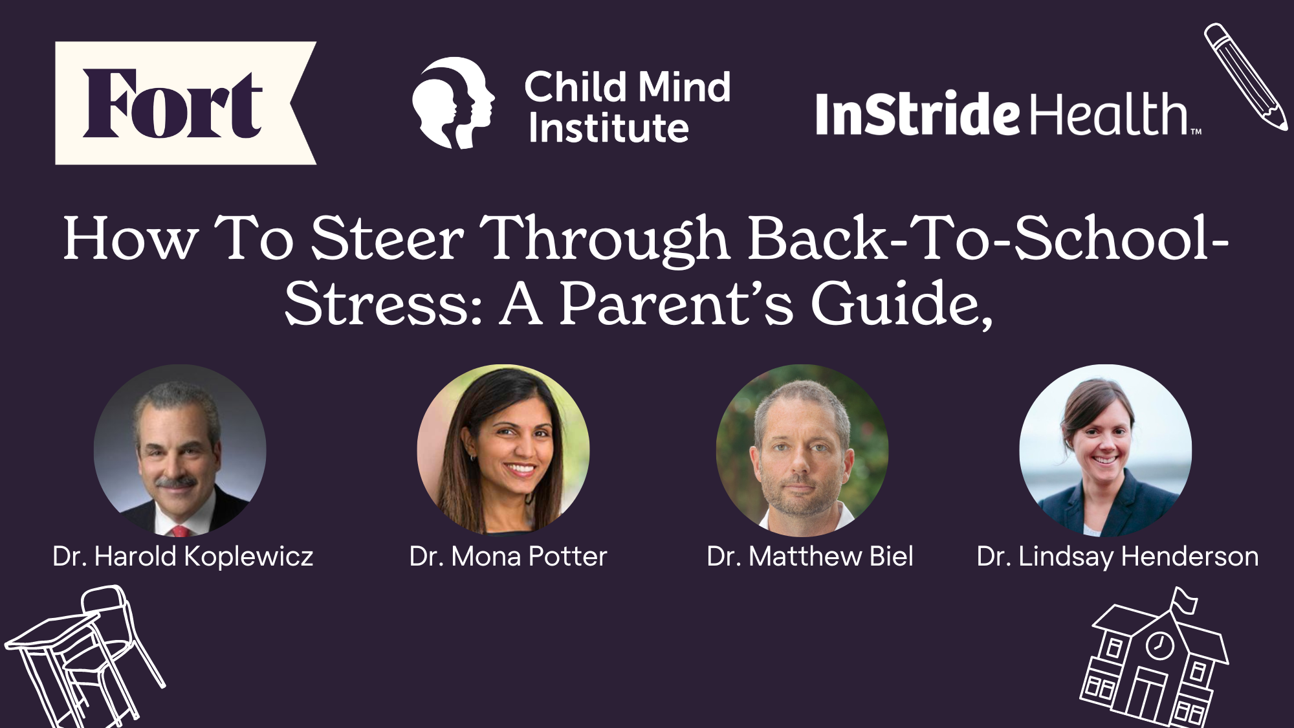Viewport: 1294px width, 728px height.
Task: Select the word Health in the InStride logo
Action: [1110, 114]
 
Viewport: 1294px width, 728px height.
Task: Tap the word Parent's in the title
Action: [675, 304]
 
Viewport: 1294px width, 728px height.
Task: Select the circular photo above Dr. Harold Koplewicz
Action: [180, 450]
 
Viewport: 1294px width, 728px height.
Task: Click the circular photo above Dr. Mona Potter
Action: [503, 450]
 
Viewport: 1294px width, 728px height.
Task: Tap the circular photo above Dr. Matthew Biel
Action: [802, 450]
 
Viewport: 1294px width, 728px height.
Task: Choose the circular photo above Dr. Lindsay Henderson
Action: [1105, 450]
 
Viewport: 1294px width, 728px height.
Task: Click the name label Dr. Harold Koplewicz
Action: [183, 557]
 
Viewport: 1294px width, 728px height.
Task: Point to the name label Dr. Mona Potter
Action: [509, 557]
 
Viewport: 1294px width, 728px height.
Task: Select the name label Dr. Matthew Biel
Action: [810, 557]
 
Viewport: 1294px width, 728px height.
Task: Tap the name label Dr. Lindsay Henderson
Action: [1117, 557]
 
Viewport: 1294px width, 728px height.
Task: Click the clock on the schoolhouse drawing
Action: [1159, 645]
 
